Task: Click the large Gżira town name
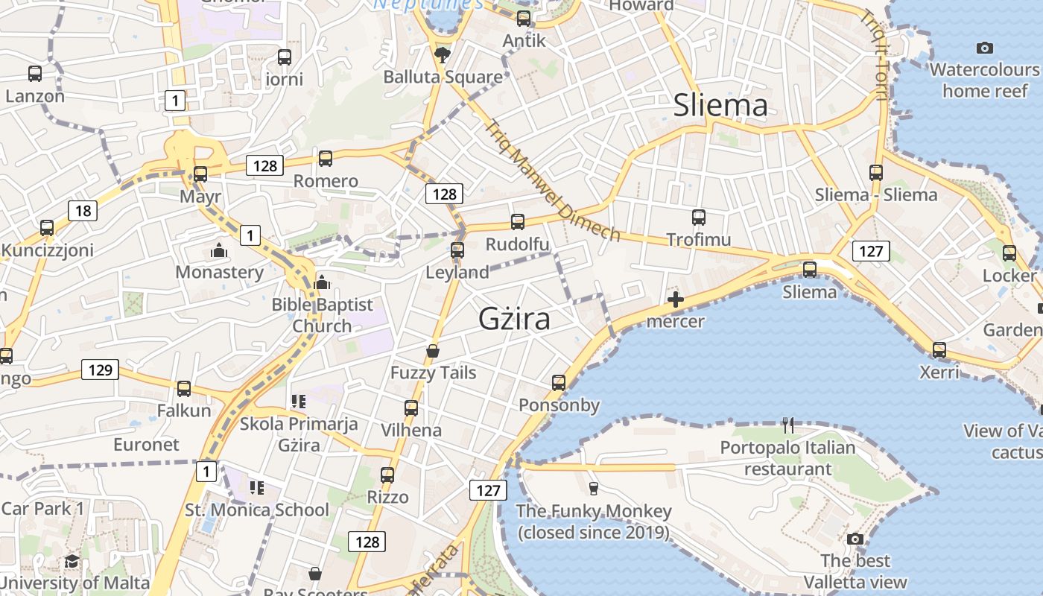tap(514, 319)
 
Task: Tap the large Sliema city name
tap(720, 105)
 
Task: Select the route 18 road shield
tap(83, 211)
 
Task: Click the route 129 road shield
tap(100, 370)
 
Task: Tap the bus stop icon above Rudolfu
tap(517, 222)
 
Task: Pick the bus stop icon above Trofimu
tap(698, 218)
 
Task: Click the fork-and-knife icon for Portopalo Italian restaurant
tap(788, 425)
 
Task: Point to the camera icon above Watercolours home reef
tap(984, 48)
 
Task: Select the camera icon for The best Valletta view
tap(855, 539)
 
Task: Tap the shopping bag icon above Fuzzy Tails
tap(433, 351)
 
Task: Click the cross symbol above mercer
tap(676, 299)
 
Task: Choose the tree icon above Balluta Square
tap(443, 54)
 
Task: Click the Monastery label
tap(219, 272)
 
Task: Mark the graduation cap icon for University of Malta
tap(72, 561)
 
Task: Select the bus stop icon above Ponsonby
tap(559, 383)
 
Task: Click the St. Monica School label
tap(257, 510)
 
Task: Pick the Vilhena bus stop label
tap(411, 430)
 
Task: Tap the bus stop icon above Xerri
tap(939, 349)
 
